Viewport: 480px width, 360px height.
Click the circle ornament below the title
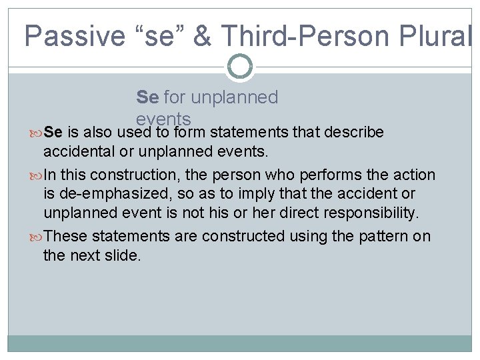point(239,66)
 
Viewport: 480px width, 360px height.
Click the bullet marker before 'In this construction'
point(37,175)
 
